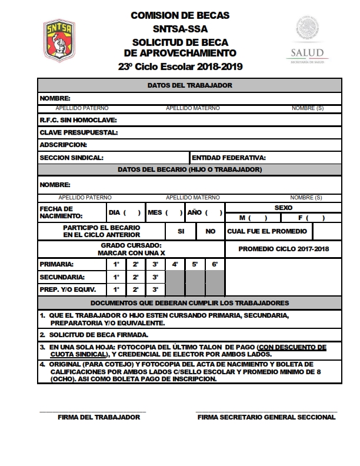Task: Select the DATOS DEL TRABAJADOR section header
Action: click(x=189, y=85)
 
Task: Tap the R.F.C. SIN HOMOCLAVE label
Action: click(x=78, y=120)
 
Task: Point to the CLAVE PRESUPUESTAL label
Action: click(x=79, y=132)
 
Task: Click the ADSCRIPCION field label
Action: click(x=63, y=145)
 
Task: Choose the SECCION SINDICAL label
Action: click(x=72, y=158)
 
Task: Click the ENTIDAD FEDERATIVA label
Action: click(x=229, y=158)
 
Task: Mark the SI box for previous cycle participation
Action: click(x=181, y=231)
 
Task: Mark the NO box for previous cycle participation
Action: click(x=211, y=231)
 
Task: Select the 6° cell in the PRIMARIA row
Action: click(x=215, y=265)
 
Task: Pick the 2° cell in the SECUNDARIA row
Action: click(x=136, y=277)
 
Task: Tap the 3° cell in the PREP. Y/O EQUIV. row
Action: click(x=155, y=289)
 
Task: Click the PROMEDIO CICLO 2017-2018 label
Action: click(x=284, y=249)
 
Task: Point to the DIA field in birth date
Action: click(x=125, y=212)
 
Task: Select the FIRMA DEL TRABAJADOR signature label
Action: click(x=99, y=417)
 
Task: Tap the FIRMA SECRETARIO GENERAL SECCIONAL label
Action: click(x=266, y=417)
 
